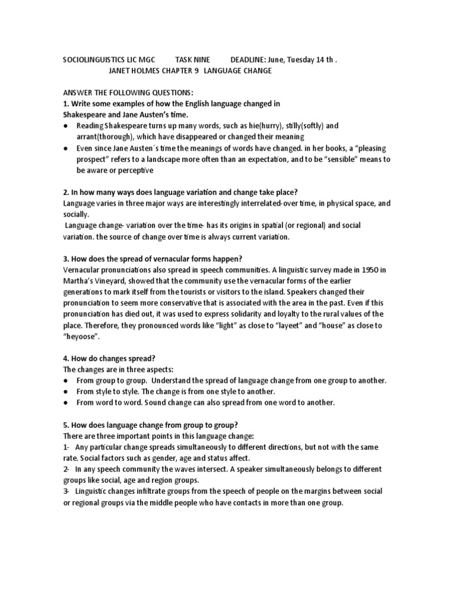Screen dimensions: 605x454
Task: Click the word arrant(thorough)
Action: coord(102,136)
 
